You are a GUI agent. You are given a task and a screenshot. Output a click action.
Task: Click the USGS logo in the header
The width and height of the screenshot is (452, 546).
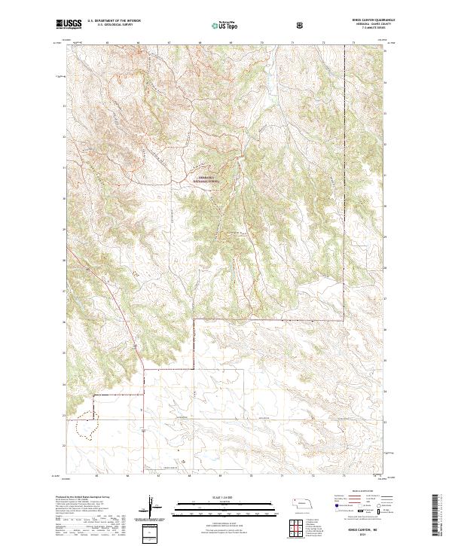[x=69, y=25]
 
